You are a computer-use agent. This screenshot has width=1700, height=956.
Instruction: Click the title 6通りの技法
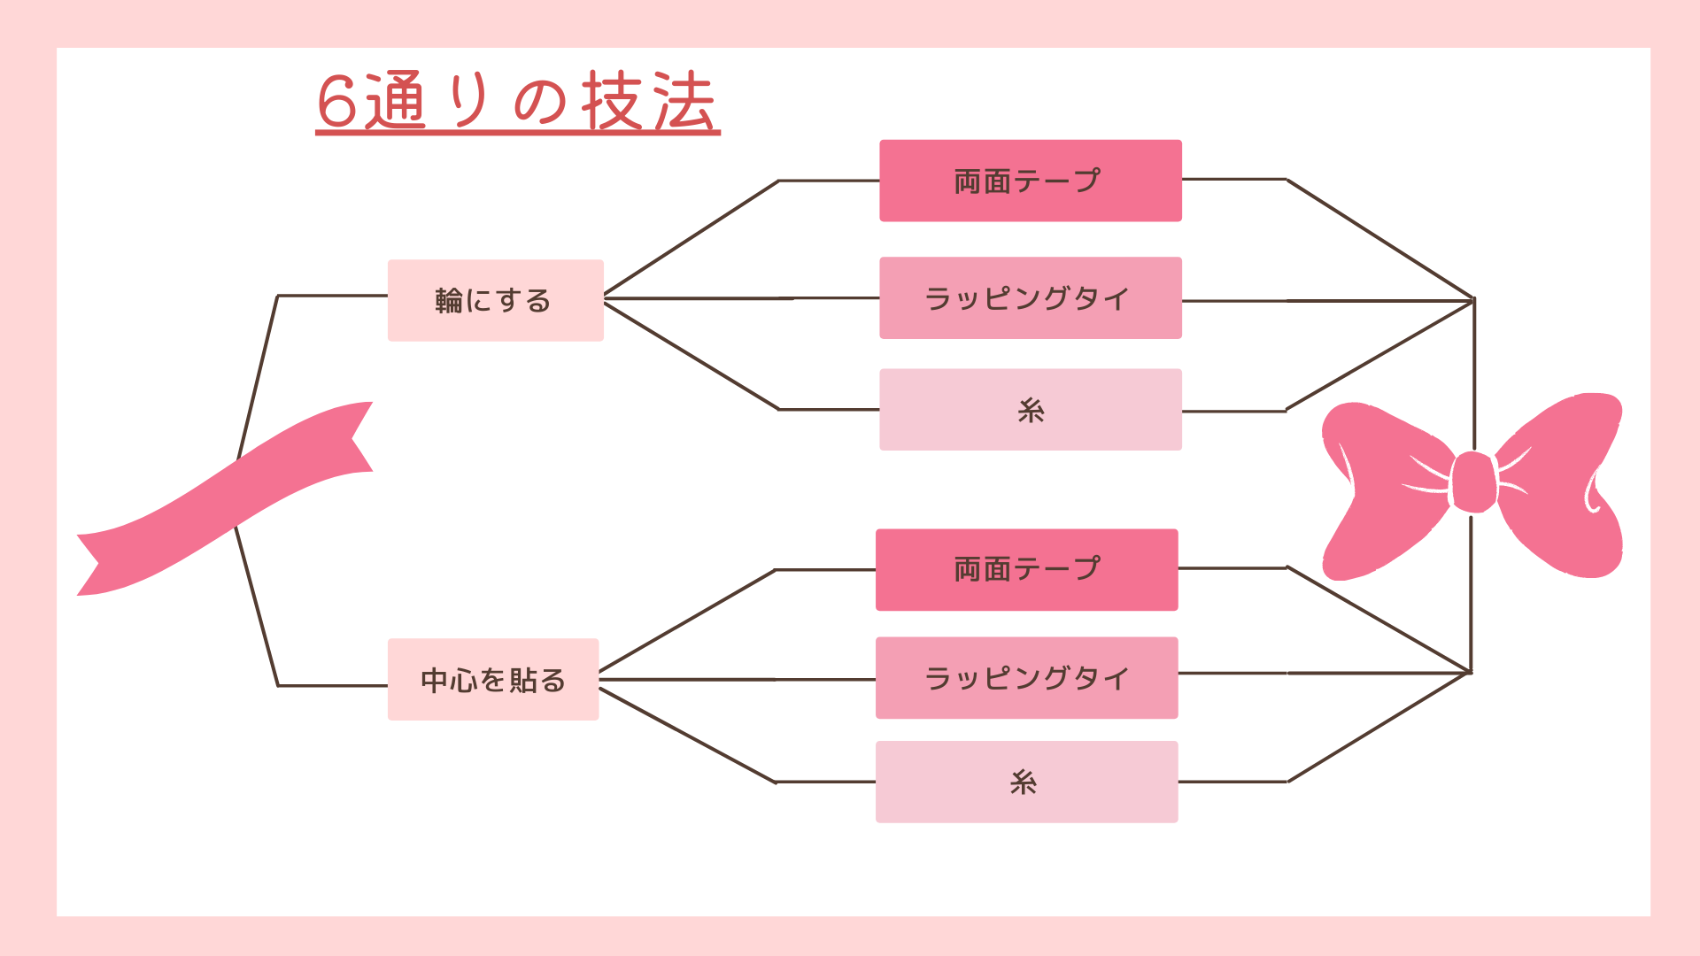click(517, 102)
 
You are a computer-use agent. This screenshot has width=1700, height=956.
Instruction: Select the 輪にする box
click(496, 300)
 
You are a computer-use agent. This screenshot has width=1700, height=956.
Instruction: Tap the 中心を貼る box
click(493, 679)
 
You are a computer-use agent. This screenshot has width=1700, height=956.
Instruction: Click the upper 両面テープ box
click(1031, 181)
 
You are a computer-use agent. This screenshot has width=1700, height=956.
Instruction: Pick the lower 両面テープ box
click(1027, 570)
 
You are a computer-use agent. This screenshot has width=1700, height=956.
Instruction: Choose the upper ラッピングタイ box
click(1031, 297)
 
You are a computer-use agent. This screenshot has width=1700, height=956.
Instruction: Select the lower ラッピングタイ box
click(1027, 677)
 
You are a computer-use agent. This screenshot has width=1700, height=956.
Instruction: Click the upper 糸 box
click(1031, 410)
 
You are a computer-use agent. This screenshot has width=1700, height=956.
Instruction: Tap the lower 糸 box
click(1027, 782)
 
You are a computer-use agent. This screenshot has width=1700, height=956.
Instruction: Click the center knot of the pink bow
click(1473, 482)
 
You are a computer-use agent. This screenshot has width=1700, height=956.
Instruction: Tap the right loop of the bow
click(1560, 485)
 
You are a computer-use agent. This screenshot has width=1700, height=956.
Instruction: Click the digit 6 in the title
click(336, 102)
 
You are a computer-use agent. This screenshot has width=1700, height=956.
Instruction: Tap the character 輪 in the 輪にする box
click(449, 301)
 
